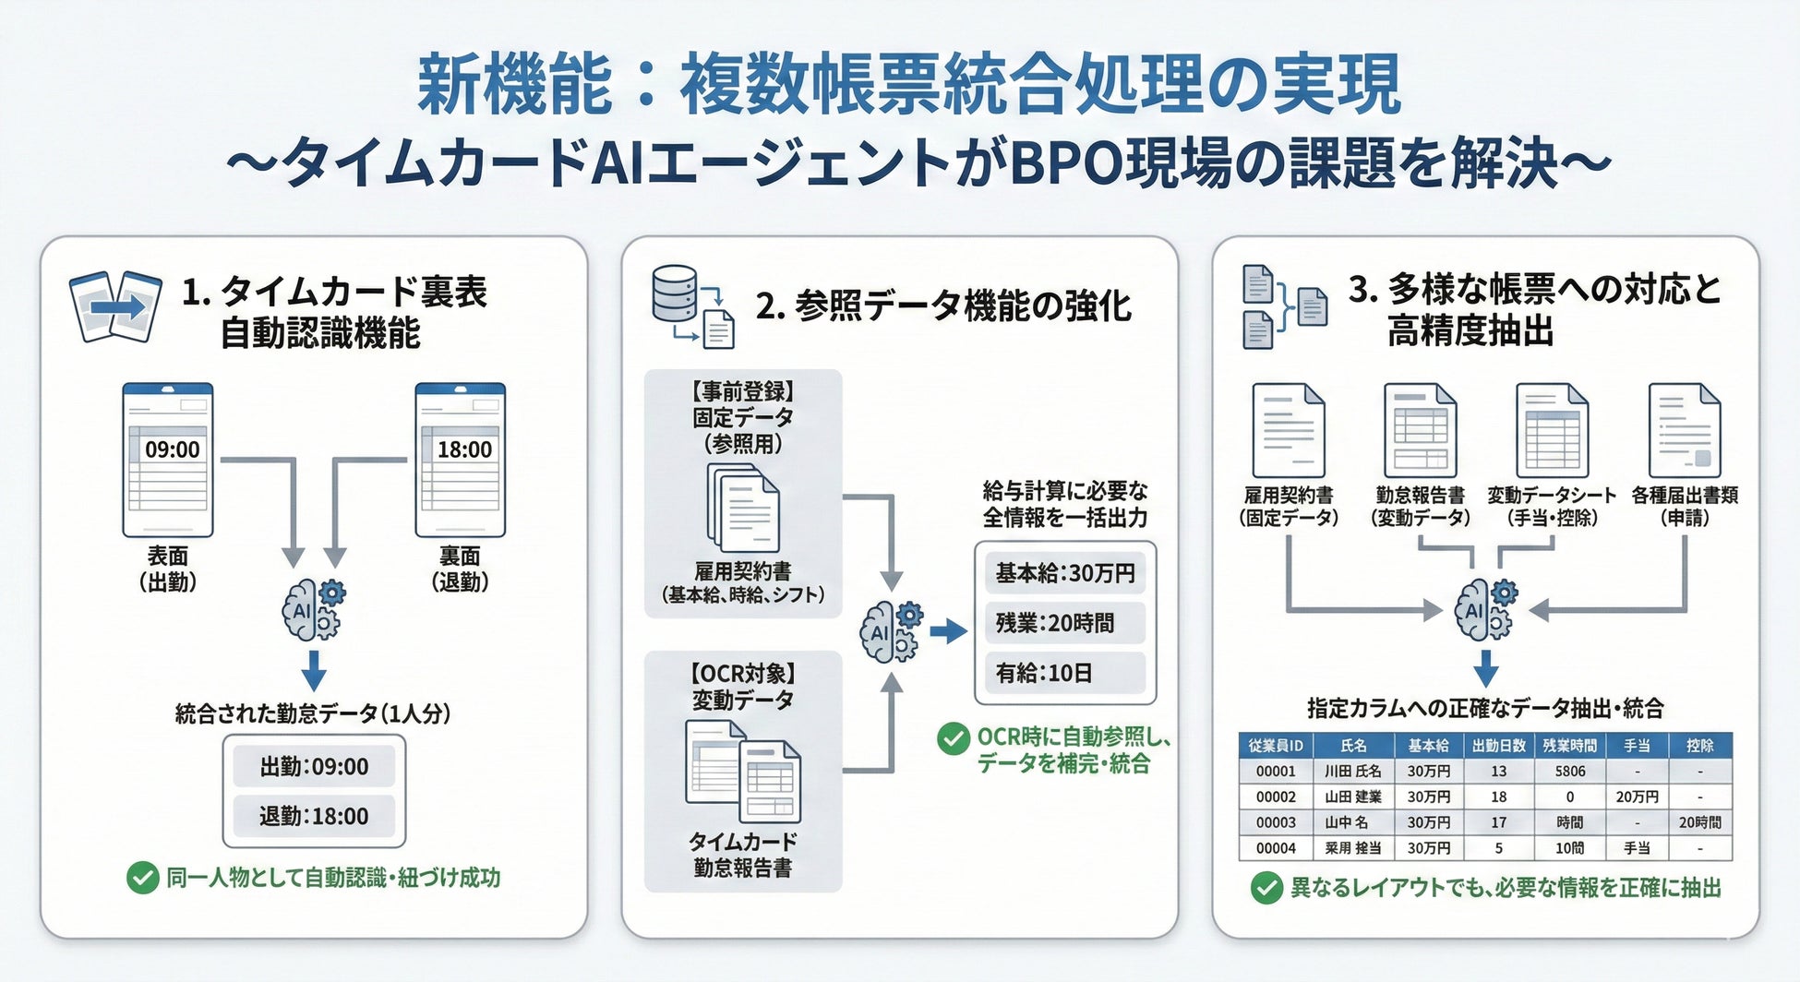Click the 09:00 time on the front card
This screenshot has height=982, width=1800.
172,449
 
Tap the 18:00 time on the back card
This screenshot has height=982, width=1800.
464,449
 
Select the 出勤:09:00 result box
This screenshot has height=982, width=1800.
314,766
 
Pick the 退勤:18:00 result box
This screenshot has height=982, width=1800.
314,816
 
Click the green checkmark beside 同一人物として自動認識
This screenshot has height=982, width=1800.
142,878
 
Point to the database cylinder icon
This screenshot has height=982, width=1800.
674,293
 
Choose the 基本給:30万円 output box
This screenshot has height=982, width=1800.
1065,573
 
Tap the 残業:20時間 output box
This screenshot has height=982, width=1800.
1065,623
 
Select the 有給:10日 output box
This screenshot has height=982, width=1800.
1065,673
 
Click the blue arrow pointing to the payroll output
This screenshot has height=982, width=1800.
948,631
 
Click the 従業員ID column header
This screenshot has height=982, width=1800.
1276,745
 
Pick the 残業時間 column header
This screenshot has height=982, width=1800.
1569,745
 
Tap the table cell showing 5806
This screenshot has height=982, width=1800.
1569,771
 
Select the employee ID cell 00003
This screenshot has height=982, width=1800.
1276,822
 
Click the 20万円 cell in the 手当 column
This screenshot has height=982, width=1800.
1637,796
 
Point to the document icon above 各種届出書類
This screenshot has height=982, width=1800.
1685,431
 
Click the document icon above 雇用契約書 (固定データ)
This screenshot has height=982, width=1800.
1288,431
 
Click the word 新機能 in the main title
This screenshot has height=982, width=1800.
514,85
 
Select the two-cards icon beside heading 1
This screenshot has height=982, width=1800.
115,306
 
